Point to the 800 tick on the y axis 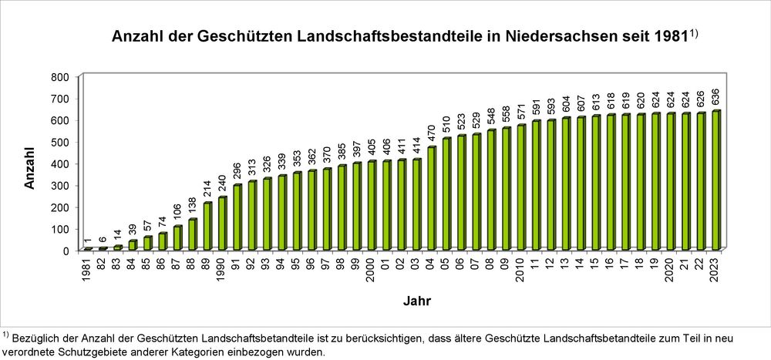click(x=59, y=77)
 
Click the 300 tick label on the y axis click(x=59, y=186)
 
